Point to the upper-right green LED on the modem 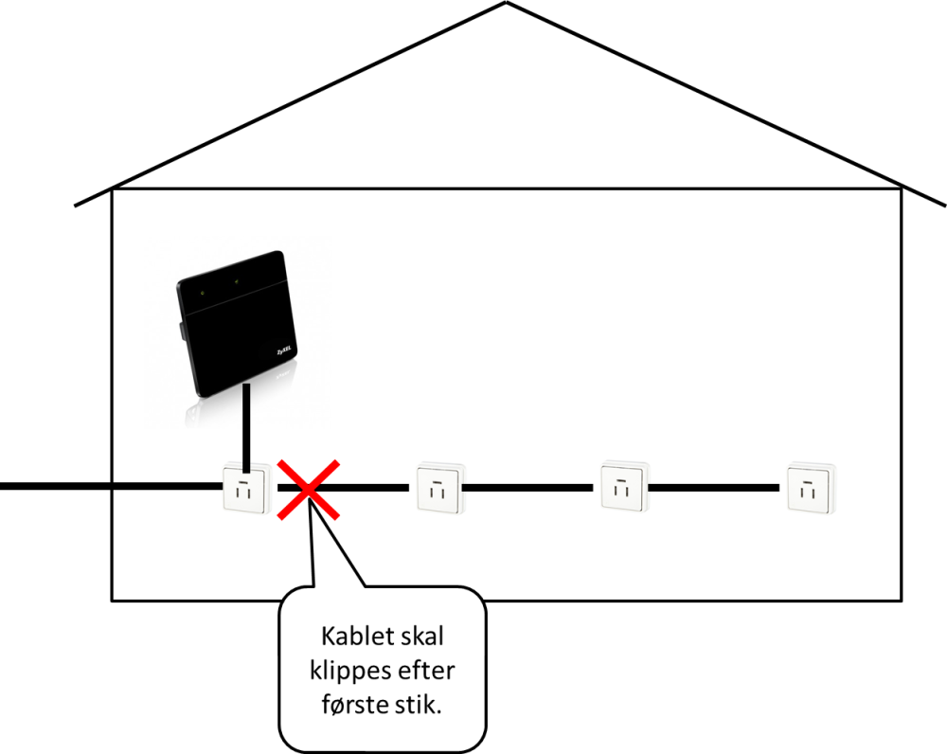pyautogui.click(x=237, y=281)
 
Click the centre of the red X pyautogui.click(x=310, y=489)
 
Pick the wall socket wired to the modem pyautogui.click(x=245, y=488)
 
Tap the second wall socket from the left pyautogui.click(x=438, y=488)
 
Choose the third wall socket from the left pyautogui.click(x=623, y=486)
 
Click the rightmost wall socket pyautogui.click(x=810, y=488)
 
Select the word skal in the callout pyautogui.click(x=418, y=637)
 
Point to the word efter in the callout pyautogui.click(x=426, y=671)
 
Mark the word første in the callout pyautogui.click(x=359, y=705)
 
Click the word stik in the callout pyautogui.click(x=421, y=705)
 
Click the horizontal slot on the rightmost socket pyautogui.click(x=810, y=480)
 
